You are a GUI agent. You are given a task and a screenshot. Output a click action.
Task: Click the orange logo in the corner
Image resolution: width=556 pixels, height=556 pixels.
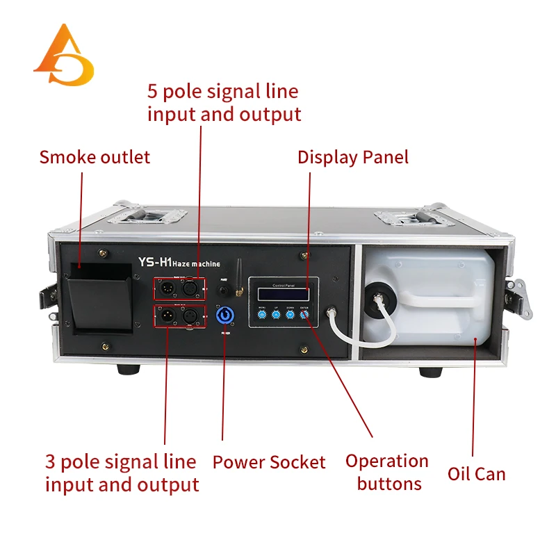[63, 57]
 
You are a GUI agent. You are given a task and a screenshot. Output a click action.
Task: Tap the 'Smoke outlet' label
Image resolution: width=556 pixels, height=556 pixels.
[95, 157]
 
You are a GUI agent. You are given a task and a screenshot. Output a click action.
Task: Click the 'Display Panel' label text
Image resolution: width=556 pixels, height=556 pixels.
[353, 157]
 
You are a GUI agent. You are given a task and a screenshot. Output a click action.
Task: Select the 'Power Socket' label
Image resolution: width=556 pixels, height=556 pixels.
[269, 462]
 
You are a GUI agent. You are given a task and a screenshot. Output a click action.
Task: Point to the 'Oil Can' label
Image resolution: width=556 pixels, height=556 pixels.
[476, 474]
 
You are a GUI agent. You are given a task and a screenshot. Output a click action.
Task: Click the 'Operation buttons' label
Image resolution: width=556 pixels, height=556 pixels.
[388, 472]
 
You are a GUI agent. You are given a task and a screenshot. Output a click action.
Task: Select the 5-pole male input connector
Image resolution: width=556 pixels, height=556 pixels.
[168, 286]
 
